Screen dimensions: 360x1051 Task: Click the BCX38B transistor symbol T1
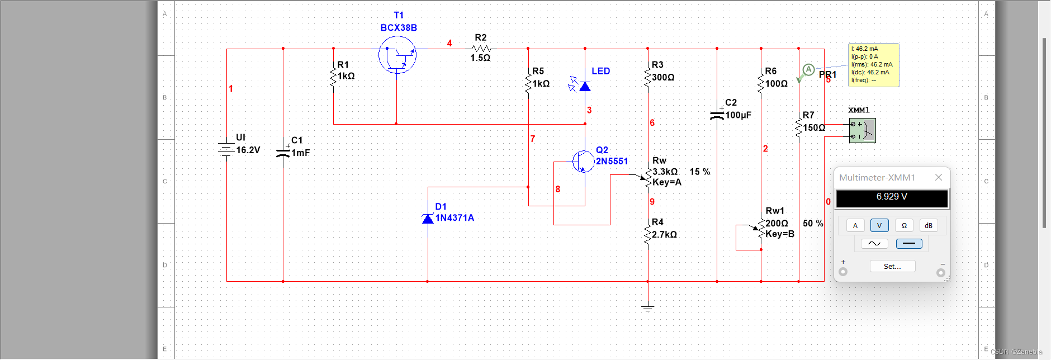(x=397, y=55)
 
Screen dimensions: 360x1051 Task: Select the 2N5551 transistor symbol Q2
(x=583, y=161)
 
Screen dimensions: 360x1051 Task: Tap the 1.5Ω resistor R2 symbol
(x=481, y=49)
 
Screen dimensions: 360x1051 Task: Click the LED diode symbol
(x=585, y=86)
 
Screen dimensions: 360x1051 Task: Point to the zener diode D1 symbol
(x=428, y=218)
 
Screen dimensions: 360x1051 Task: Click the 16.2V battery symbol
(x=226, y=149)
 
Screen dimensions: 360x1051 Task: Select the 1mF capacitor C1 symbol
(x=283, y=152)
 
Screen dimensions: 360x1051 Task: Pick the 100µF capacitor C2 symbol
(x=717, y=115)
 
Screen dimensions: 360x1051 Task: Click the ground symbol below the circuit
(x=647, y=307)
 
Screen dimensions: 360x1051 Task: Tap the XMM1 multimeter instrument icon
(x=862, y=130)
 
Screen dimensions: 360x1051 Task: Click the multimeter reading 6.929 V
(x=892, y=197)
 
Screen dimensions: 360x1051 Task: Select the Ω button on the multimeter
(x=904, y=226)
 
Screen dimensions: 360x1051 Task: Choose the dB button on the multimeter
(x=929, y=226)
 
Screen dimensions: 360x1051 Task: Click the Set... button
(x=892, y=267)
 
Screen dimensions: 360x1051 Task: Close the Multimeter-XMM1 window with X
(x=939, y=177)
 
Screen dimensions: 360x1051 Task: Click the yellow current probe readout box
(x=873, y=65)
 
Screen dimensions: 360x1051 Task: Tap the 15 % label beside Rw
(x=700, y=172)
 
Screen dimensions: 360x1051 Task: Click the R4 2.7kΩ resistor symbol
(x=648, y=234)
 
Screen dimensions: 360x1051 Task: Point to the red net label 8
(x=558, y=190)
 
